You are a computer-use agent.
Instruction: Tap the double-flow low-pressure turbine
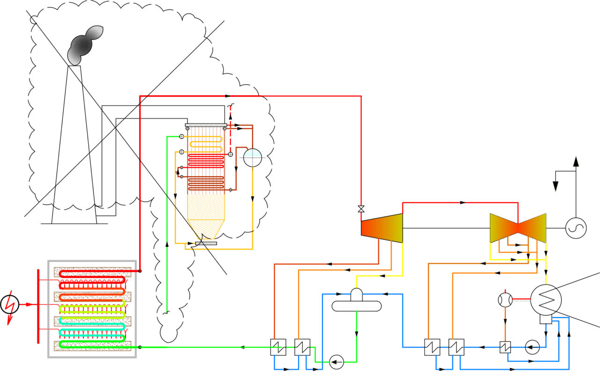coord(518,228)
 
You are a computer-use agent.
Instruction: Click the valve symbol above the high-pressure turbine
coord(361,209)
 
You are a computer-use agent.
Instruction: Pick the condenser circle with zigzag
coord(546,299)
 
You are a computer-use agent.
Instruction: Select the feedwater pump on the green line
coord(336,362)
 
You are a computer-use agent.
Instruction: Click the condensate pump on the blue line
coord(532,347)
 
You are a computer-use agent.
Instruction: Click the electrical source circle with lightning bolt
coord(9,304)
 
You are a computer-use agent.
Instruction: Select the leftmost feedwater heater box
coord(278,347)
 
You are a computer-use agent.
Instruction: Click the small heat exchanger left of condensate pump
coord(505,347)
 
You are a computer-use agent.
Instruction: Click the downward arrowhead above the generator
coord(556,185)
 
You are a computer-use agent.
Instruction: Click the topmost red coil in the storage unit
coord(91,273)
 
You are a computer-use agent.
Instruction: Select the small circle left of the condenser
coord(504,299)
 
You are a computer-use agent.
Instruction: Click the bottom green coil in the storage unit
coord(91,345)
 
